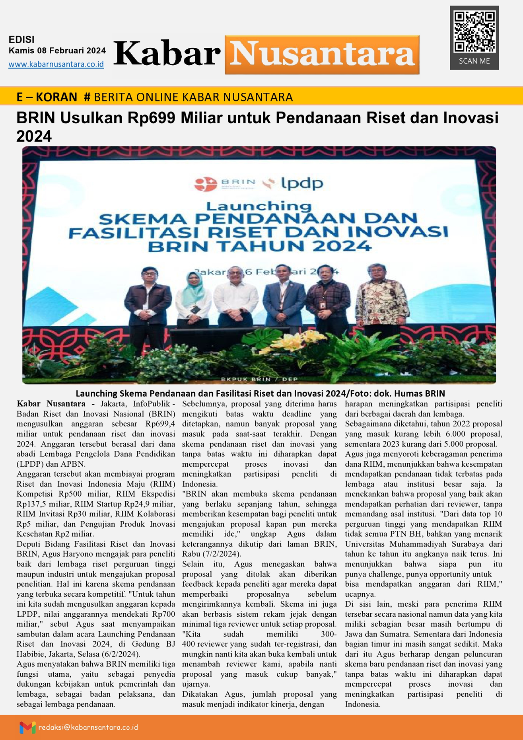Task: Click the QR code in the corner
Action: tap(474, 31)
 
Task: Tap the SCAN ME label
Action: tap(474, 61)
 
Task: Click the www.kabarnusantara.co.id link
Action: tap(56, 64)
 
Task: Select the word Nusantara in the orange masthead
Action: tap(322, 55)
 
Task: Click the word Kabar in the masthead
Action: tap(167, 54)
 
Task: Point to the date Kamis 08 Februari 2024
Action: tap(57, 51)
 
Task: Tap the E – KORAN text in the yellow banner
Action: tap(47, 97)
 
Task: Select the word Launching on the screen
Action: tap(259, 206)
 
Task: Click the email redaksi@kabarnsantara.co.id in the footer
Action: tap(88, 727)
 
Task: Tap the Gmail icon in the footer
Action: tap(27, 727)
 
